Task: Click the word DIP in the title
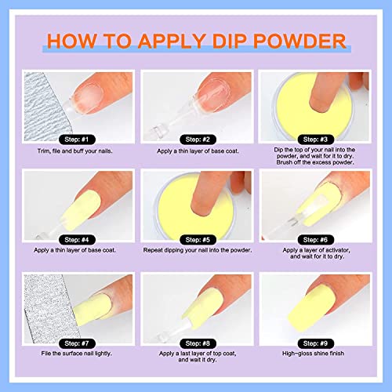coord(229,41)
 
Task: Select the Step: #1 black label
coord(77,140)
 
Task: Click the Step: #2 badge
coord(198,140)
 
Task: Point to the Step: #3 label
coord(316,140)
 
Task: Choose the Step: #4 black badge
coord(77,240)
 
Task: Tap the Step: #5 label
coord(198,240)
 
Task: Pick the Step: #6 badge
coord(316,240)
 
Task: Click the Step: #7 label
coord(77,343)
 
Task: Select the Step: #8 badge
coord(198,343)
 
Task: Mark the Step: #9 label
coord(316,343)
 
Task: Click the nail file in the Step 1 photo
coord(45,107)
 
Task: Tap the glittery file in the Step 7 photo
coord(49,308)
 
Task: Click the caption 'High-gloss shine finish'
coord(313,354)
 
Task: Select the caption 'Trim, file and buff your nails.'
coord(75,151)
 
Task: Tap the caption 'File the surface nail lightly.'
coord(77,354)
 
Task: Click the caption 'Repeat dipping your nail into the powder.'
coord(198,250)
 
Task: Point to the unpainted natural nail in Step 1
coord(88,98)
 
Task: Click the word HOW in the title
coord(71,41)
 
